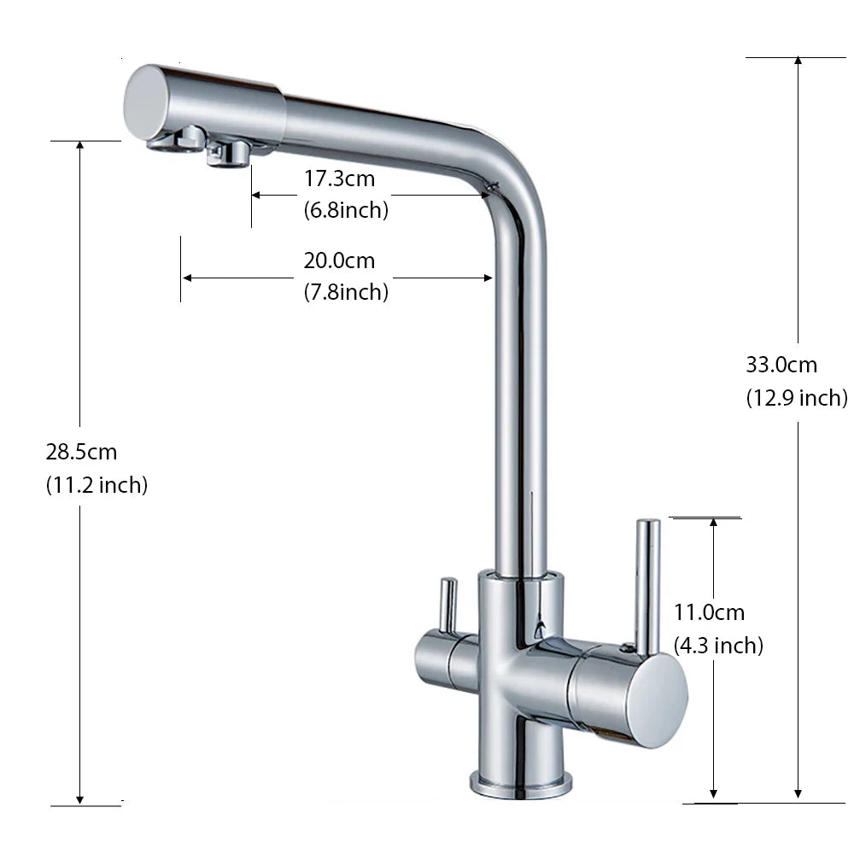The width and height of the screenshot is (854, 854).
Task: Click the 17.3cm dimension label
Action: click(x=339, y=178)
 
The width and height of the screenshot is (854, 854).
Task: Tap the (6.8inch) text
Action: click(x=346, y=210)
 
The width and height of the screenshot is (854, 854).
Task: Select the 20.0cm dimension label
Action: click(x=339, y=260)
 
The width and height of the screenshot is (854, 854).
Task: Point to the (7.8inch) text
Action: click(x=346, y=292)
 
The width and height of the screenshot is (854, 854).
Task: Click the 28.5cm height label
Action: click(x=81, y=452)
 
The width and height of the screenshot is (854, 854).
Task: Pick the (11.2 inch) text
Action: click(x=97, y=485)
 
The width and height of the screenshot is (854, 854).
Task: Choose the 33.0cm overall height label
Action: click(x=781, y=365)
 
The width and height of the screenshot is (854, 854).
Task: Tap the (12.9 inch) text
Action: click(x=797, y=398)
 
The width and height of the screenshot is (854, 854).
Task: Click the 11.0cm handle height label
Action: click(x=709, y=612)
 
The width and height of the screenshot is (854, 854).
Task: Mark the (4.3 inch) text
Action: click(x=718, y=646)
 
